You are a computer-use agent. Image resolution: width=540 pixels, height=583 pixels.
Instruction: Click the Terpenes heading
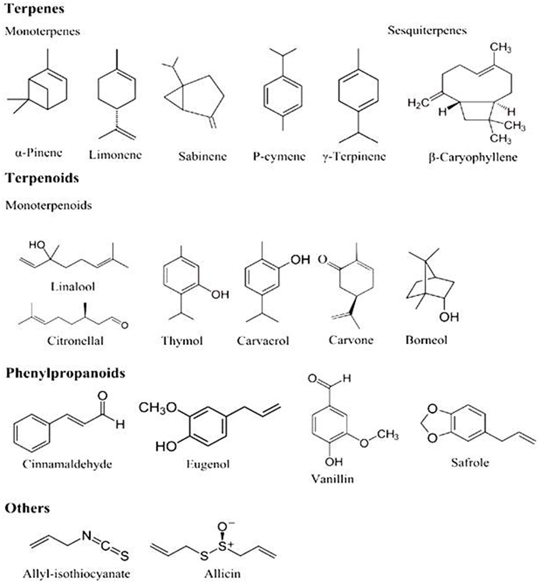pos(34,9)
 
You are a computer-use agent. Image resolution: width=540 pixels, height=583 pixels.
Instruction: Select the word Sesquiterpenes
pos(427,30)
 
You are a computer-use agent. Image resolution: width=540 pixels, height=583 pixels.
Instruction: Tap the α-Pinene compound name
pos(39,153)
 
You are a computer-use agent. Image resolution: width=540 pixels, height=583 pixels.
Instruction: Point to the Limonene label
pos(115,155)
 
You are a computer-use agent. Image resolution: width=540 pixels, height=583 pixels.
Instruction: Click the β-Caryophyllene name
pos(473,157)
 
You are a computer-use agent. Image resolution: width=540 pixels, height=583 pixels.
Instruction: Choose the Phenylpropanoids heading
pos(65,373)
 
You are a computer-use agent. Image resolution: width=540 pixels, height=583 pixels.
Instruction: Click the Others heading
pos(27,508)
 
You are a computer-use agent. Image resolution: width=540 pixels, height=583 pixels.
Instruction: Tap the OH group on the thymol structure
pos(220,295)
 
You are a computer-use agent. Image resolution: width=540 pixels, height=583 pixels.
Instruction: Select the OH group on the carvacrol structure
pos(300,260)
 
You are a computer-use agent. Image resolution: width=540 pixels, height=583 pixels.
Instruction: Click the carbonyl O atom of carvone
pos(322,259)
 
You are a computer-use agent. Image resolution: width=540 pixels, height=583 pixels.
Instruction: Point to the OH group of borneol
pos(449,317)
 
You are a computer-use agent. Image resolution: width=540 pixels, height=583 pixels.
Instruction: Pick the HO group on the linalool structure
pos(37,245)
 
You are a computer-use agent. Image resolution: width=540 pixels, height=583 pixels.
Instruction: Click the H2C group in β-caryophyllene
pos(418,103)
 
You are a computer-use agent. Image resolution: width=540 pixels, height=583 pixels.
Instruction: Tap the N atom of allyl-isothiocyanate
pos(87,536)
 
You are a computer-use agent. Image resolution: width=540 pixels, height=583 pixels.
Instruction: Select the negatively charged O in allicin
pos(223,527)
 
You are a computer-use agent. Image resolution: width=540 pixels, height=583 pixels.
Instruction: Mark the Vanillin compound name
pos(332,479)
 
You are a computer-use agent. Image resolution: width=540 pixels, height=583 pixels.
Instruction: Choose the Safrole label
pos(470,463)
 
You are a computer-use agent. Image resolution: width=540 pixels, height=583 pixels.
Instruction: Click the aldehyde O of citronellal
pos(124,325)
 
